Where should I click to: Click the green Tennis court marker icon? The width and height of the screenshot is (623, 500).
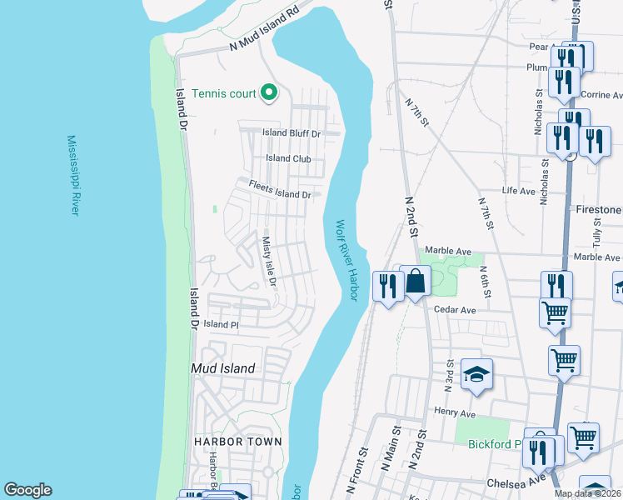pyautogui.click(x=269, y=93)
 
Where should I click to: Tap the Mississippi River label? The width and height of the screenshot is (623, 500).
pyautogui.click(x=73, y=176)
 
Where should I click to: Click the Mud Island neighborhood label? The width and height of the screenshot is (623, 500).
pyautogui.click(x=222, y=367)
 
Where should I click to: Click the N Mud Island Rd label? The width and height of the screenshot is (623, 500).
pyautogui.click(x=265, y=30)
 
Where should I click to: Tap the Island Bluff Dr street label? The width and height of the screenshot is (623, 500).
pyautogui.click(x=292, y=132)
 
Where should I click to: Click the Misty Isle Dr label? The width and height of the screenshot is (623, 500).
pyautogui.click(x=268, y=261)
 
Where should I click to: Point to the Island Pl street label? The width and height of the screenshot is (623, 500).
pyautogui.click(x=222, y=323)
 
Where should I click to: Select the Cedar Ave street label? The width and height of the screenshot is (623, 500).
pyautogui.click(x=455, y=309)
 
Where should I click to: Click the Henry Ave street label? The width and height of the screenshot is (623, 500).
pyautogui.click(x=454, y=412)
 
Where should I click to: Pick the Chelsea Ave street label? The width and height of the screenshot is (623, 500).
pyautogui.click(x=507, y=482)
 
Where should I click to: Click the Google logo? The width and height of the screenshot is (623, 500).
pyautogui.click(x=27, y=490)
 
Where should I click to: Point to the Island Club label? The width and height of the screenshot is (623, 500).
pyautogui.click(x=288, y=158)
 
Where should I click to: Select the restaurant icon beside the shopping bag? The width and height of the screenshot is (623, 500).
pyautogui.click(x=386, y=287)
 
